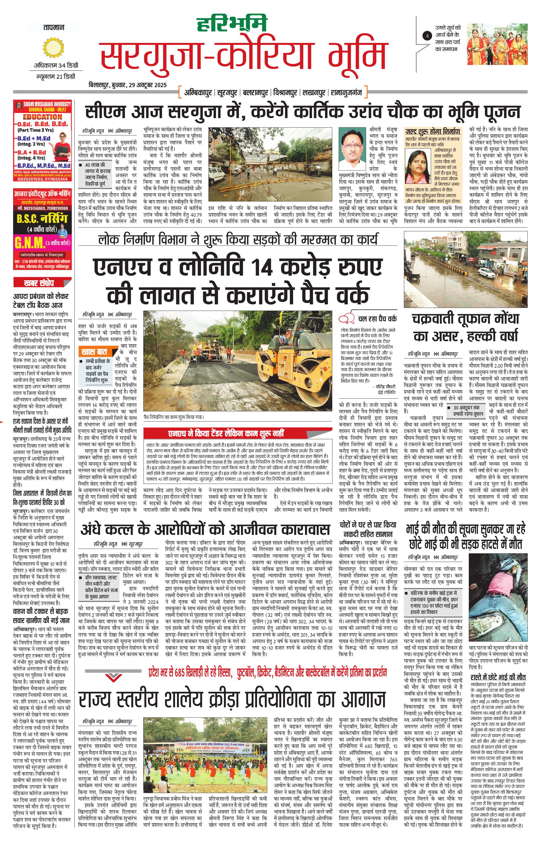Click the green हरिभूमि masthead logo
232,24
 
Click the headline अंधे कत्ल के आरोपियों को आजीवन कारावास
205,530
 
